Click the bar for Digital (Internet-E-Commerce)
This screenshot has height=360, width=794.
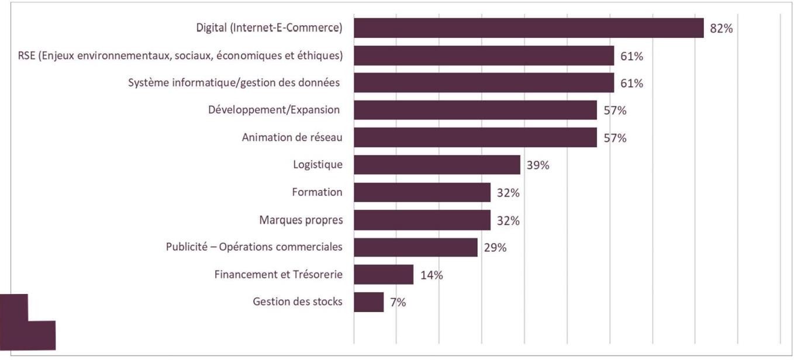[x=529, y=28]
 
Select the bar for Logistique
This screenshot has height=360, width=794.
[x=437, y=165]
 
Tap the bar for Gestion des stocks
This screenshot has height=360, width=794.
[x=369, y=302]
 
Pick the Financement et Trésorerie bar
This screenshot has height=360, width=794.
[x=384, y=275]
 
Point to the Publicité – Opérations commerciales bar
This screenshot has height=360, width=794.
[x=416, y=247]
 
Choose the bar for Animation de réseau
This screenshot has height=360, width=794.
[x=475, y=137]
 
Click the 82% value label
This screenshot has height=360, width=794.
[x=721, y=29]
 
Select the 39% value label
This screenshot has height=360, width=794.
[x=537, y=165]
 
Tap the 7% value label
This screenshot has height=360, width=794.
[x=398, y=303]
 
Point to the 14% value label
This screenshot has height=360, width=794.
[x=431, y=275]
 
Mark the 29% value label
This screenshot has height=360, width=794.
[x=495, y=248]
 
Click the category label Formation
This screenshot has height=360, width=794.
[x=317, y=192]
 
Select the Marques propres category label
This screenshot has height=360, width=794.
[x=301, y=220]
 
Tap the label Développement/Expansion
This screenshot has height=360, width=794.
[x=274, y=110]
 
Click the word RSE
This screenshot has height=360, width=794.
[x=27, y=56]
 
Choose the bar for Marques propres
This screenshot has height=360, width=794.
[x=422, y=220]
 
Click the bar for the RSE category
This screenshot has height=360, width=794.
[x=484, y=56]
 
